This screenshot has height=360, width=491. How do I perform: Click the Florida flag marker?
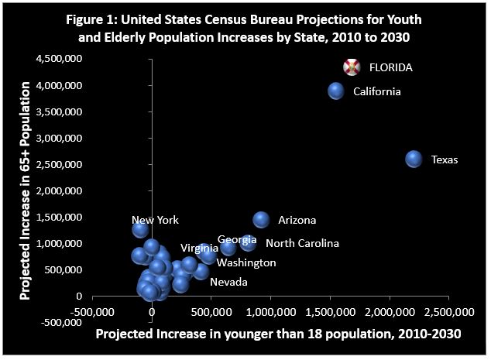tap(352, 67)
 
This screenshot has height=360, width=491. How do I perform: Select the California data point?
tap(335, 91)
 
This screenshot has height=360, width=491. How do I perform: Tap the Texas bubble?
tap(414, 159)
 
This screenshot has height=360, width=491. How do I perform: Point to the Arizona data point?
tap(261, 220)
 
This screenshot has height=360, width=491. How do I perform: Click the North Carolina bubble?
tap(248, 242)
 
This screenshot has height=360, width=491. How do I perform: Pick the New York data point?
tap(140, 229)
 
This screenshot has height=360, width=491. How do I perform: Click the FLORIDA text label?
tap(390, 67)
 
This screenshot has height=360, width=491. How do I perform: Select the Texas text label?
tap(445, 160)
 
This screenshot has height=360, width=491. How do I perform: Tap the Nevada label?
tap(228, 282)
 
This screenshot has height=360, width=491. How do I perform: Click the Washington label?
tap(246, 262)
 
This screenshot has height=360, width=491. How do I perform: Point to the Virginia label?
tap(199, 249)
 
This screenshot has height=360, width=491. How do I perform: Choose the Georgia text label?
tap(232, 239)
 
